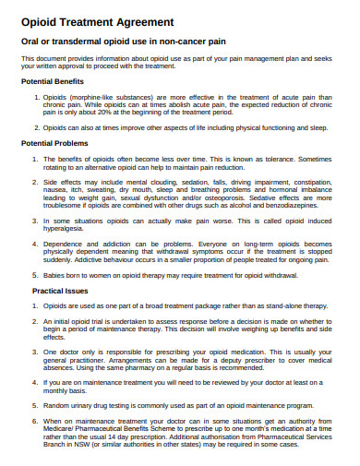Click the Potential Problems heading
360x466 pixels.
(x=58, y=145)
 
